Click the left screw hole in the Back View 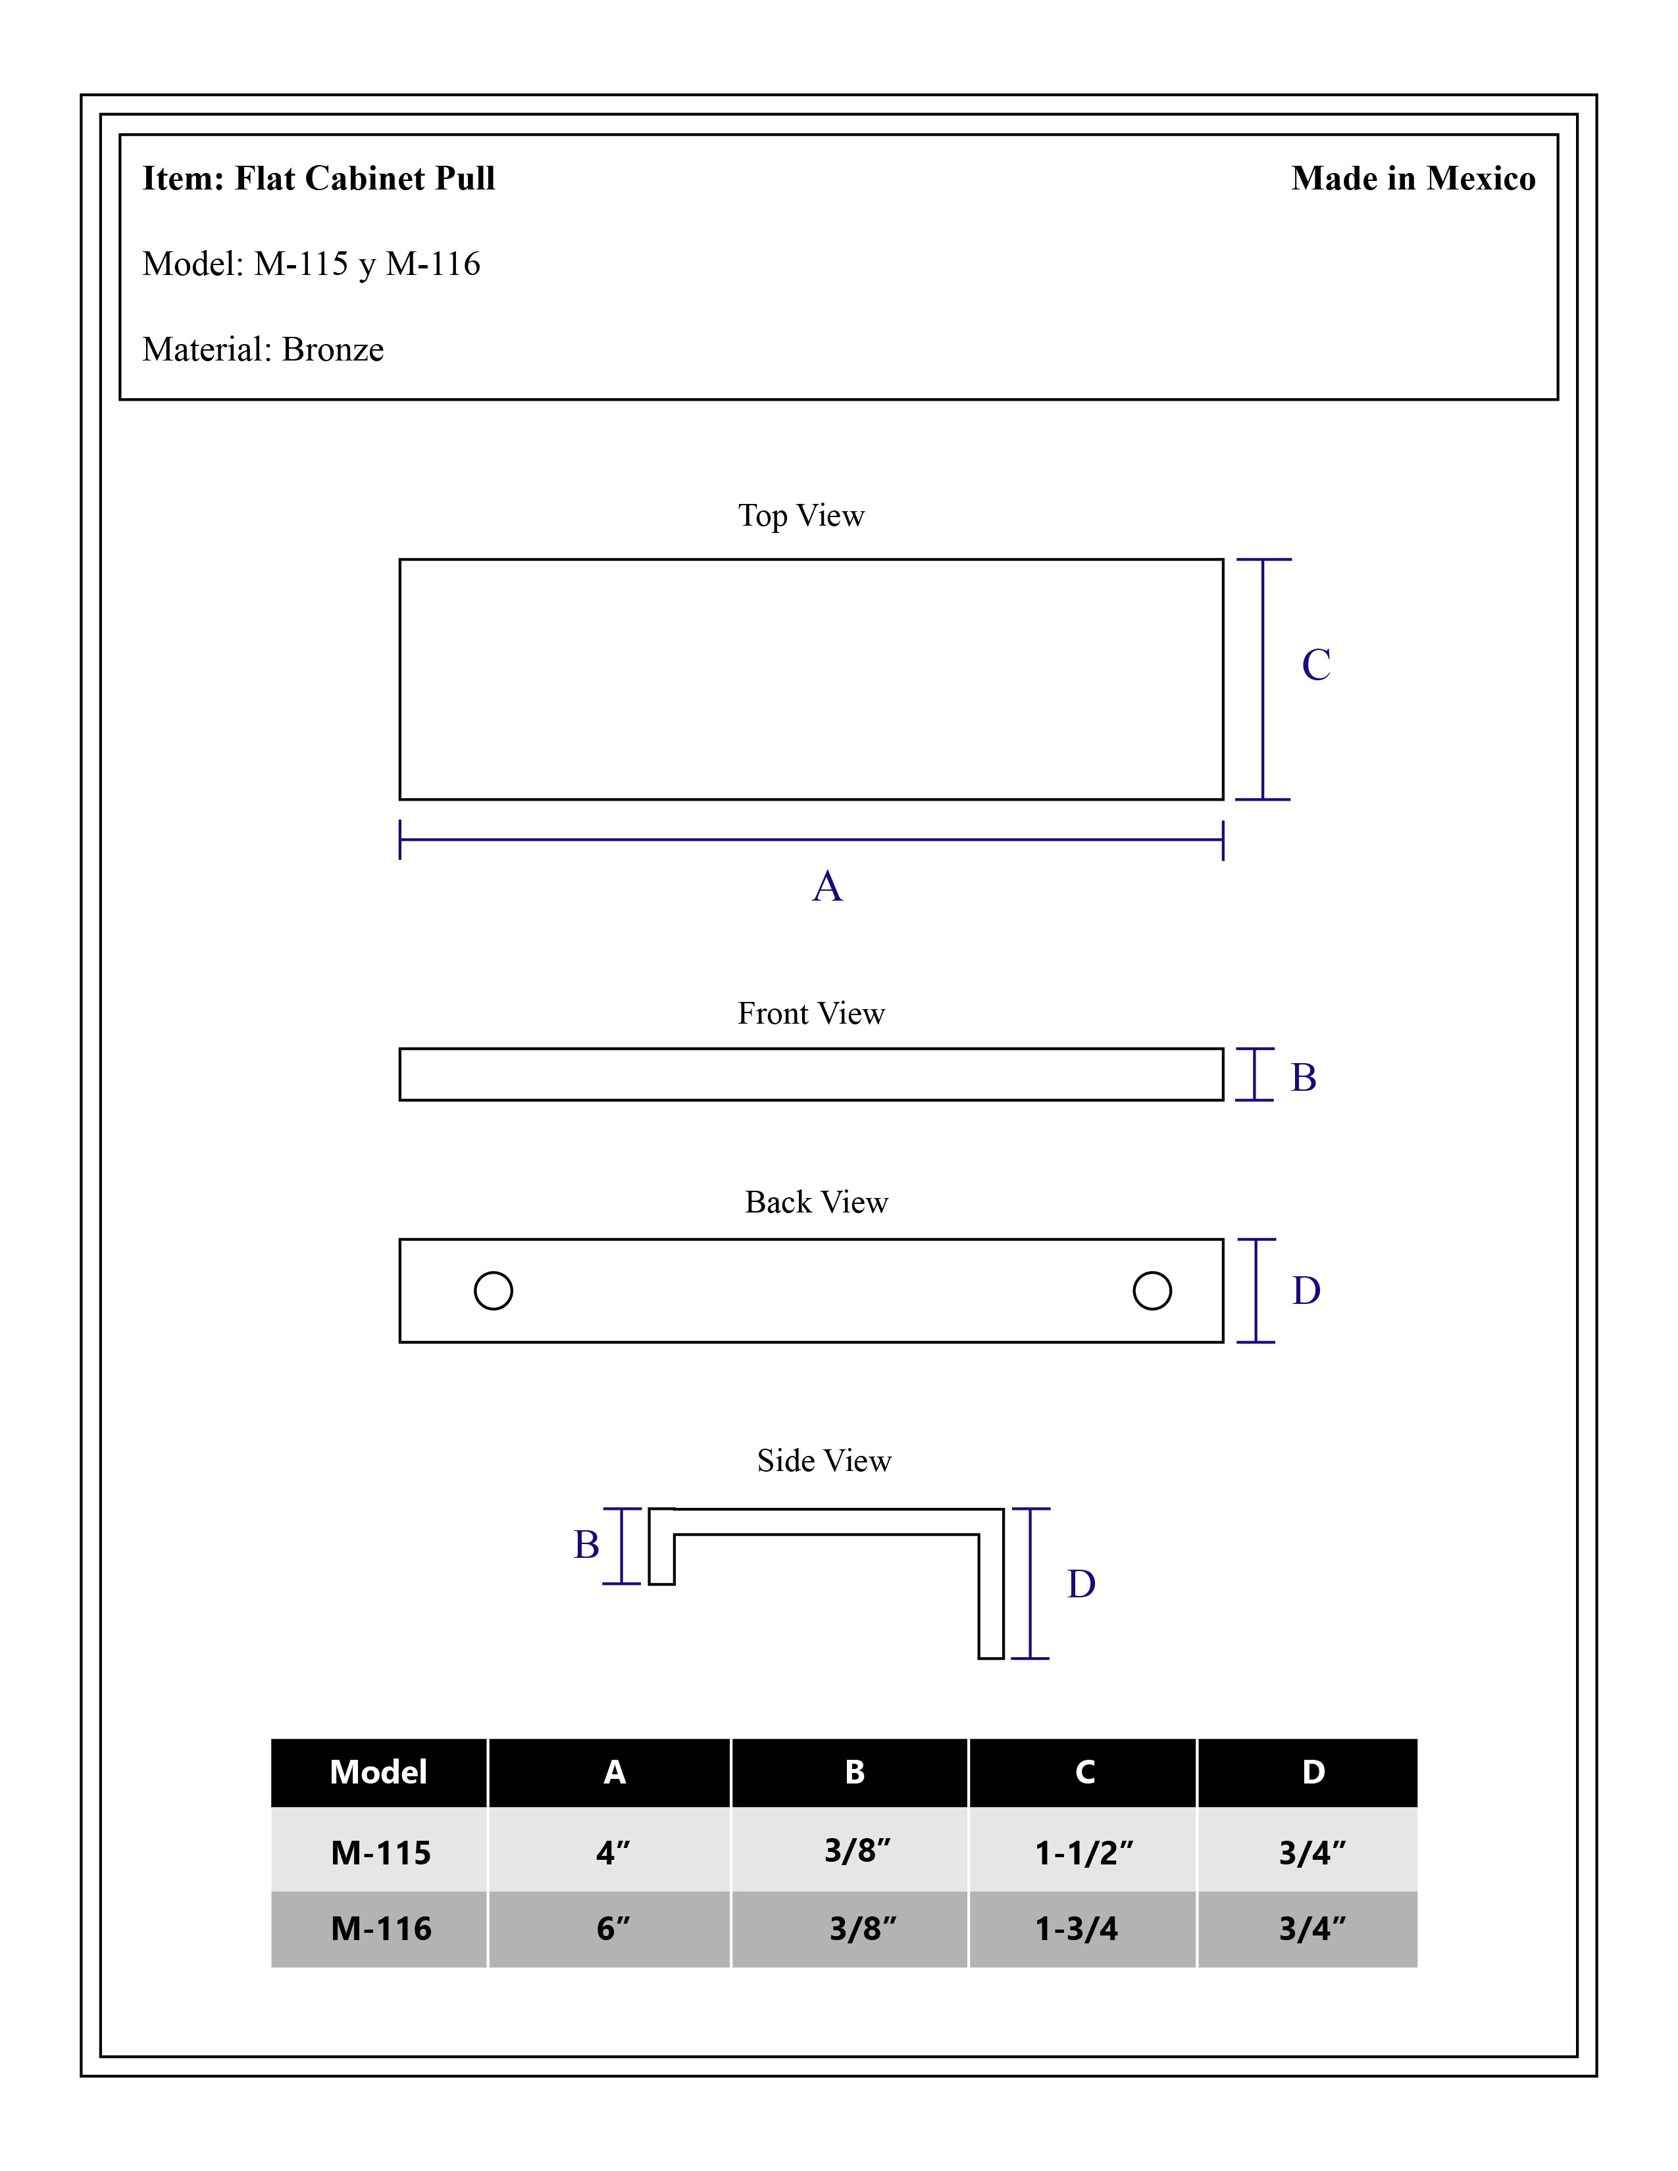[493, 1290]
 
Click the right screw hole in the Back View [1152, 1290]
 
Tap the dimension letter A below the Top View [827, 886]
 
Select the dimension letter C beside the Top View [1316, 664]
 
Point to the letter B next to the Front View [1303, 1078]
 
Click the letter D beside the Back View [1306, 1290]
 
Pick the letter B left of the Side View [586, 1545]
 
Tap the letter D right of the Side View [1082, 1584]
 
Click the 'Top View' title [801, 515]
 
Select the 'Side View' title [824, 1460]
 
